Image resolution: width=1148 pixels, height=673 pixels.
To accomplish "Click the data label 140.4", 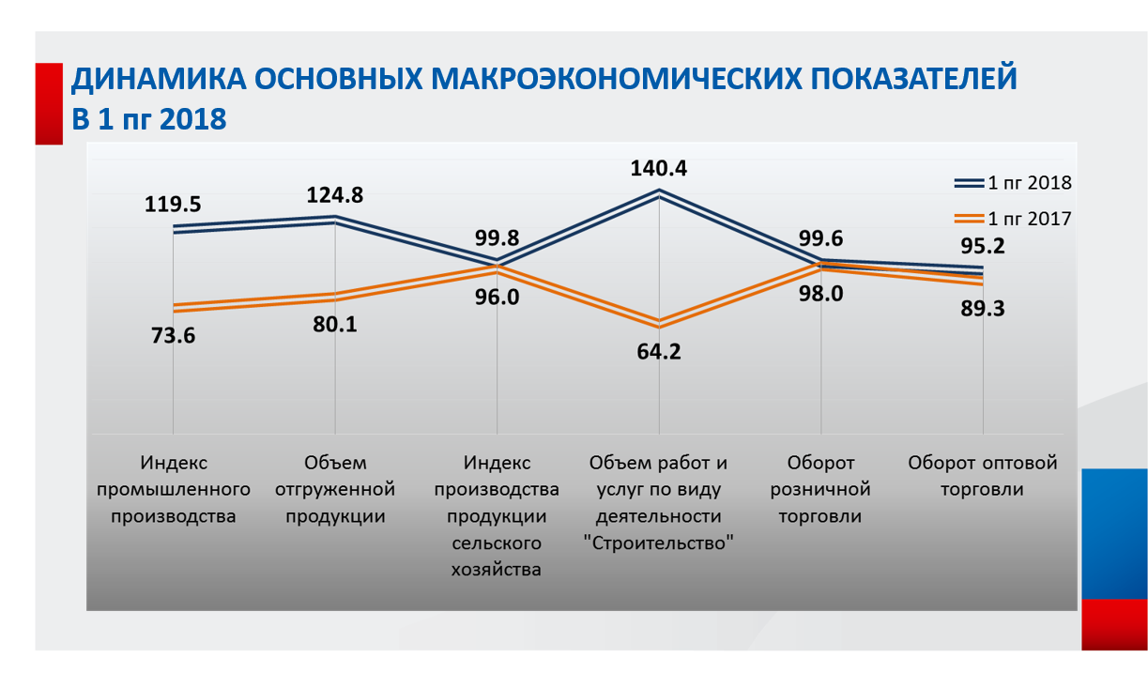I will tap(658, 169).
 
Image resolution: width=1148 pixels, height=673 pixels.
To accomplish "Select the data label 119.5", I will tap(173, 204).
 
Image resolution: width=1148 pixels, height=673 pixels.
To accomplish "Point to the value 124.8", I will tap(335, 195).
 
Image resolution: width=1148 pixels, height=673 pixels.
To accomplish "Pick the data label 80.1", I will tap(335, 325).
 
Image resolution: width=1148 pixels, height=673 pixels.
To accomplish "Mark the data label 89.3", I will tap(982, 309).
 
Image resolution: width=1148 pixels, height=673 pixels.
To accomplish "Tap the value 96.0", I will tap(497, 298).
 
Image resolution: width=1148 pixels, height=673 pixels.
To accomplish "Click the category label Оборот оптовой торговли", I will tap(983, 476).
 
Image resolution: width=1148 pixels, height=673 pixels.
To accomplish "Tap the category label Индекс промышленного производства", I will tap(174, 489).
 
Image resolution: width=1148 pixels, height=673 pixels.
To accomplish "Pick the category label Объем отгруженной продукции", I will tap(335, 489).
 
